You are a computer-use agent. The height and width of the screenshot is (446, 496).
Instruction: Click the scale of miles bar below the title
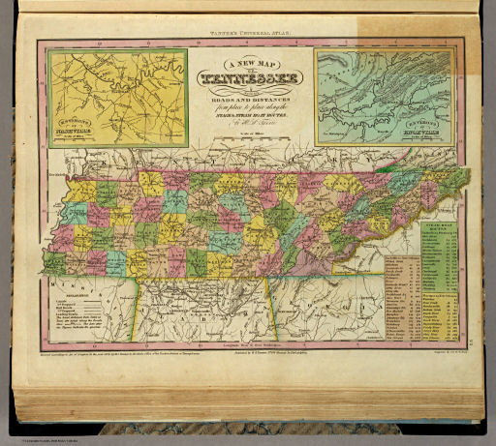coord(249,134)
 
